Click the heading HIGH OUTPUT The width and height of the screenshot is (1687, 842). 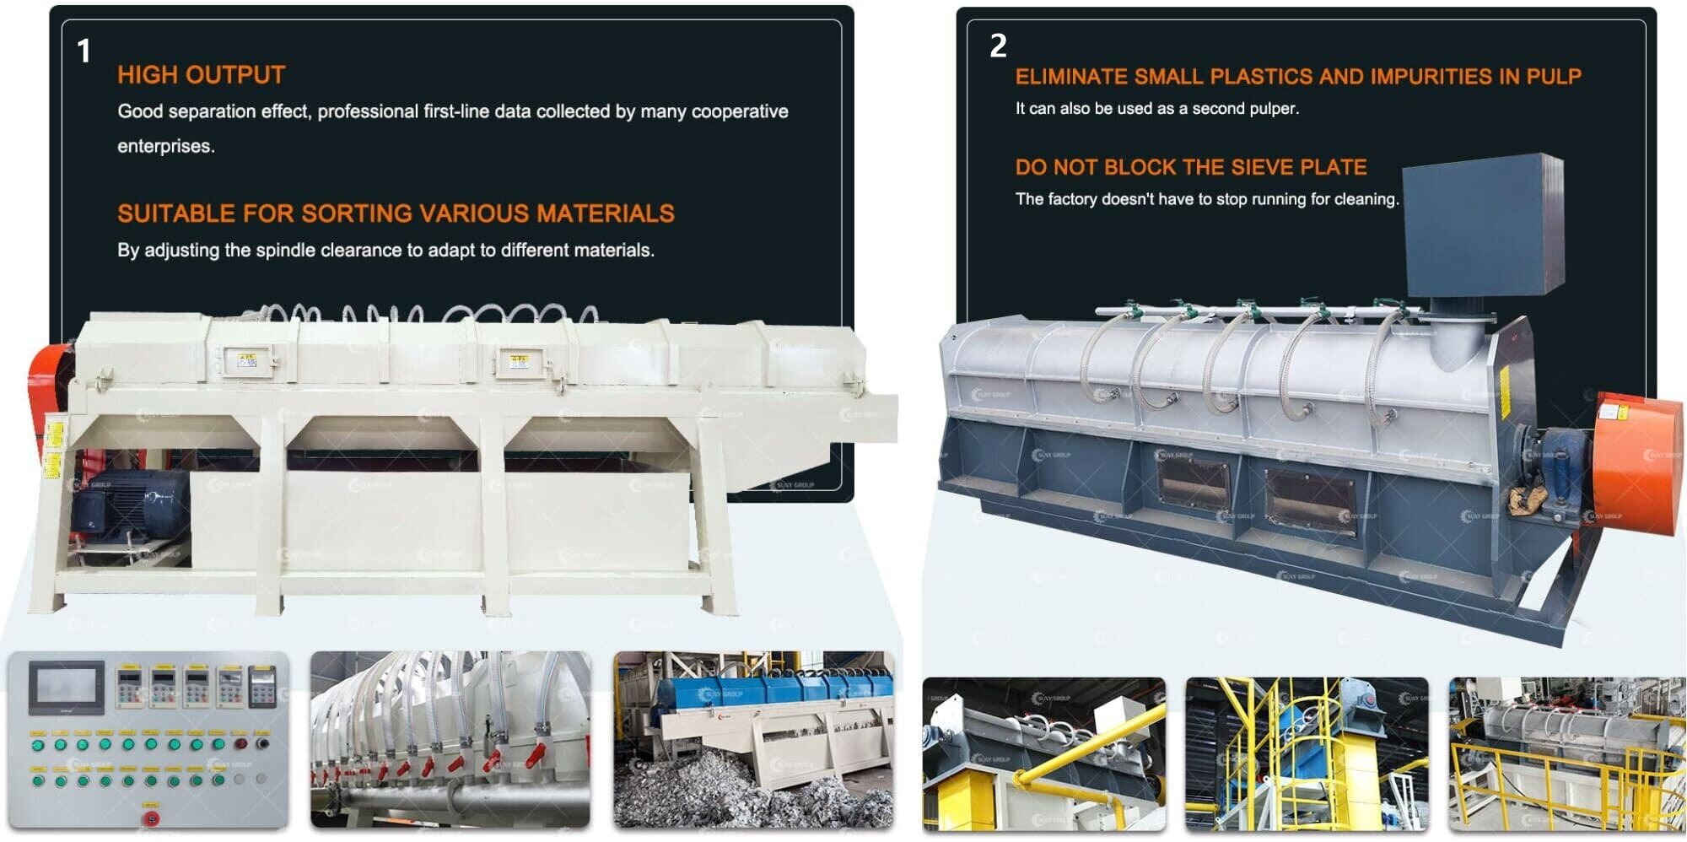click(x=201, y=75)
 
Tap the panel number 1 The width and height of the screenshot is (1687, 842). click(x=84, y=51)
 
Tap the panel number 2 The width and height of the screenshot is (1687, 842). click(x=998, y=46)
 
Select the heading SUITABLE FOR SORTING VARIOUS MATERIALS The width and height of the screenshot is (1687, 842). click(x=396, y=213)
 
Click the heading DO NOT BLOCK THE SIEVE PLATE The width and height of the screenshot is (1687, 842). click(x=1190, y=167)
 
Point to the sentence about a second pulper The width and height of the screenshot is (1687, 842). click(x=1156, y=109)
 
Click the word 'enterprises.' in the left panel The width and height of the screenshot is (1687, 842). click(x=166, y=146)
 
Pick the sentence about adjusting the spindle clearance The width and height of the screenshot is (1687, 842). click(x=385, y=251)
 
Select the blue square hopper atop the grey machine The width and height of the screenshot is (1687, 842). click(x=1482, y=224)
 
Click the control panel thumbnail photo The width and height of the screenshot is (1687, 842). click(x=148, y=739)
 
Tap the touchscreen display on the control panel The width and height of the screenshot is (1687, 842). click(x=67, y=688)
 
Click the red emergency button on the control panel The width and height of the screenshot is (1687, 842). click(x=151, y=818)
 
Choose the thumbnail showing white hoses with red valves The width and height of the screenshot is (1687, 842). click(x=450, y=739)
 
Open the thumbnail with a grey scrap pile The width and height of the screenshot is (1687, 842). click(x=753, y=739)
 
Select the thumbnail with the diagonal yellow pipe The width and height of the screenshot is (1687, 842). click(x=1043, y=753)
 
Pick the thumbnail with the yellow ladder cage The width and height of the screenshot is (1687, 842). click(x=1307, y=753)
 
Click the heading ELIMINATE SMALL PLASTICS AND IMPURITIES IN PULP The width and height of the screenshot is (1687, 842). click(x=1297, y=77)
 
